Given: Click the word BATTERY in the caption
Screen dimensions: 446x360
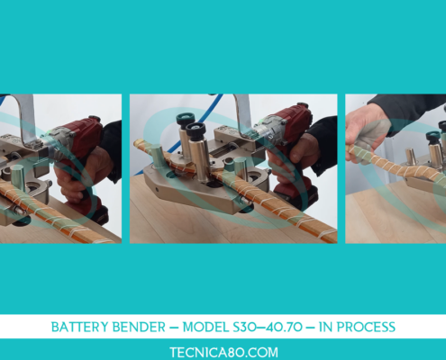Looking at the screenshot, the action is (x=80, y=327).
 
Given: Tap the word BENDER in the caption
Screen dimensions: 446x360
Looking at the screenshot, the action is (x=139, y=327).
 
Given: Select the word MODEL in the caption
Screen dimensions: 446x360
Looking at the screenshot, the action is (x=205, y=327).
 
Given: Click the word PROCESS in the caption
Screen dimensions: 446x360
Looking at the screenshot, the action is (x=366, y=327).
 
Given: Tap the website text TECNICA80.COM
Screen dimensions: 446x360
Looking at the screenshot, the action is (x=223, y=352).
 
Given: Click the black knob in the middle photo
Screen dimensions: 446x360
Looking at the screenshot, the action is (x=196, y=130).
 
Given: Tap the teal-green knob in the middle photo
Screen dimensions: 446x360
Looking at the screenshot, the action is (x=186, y=118).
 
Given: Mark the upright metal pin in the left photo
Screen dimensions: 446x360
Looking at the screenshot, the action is (x=18, y=178).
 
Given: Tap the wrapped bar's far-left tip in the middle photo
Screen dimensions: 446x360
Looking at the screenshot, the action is (x=136, y=141).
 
